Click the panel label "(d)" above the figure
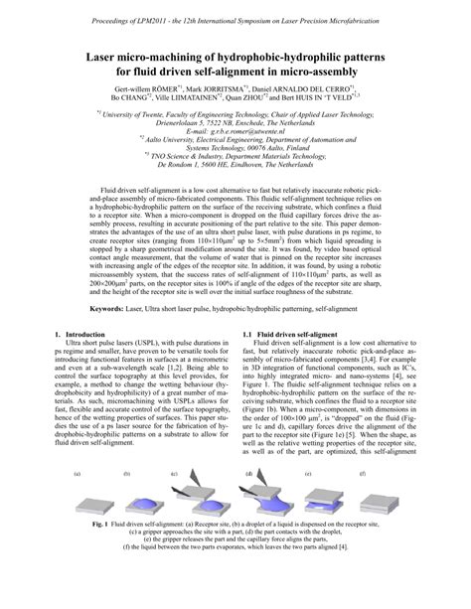(x=248, y=475)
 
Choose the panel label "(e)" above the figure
(x=309, y=475)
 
